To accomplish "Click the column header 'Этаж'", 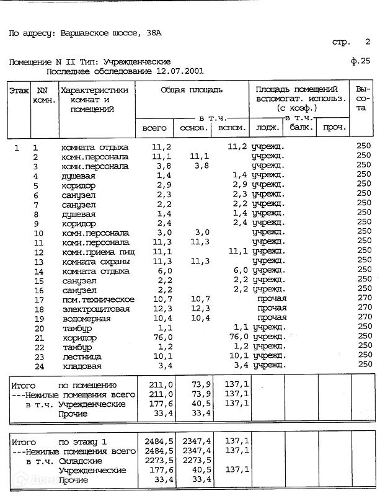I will coord(19,91).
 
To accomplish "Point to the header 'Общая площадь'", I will coord(192,91).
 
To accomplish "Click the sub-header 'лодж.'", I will coord(267,128).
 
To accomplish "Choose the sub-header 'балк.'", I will coord(301,128).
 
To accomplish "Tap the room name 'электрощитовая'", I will coord(95,309).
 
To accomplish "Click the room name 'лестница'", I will coord(82,356).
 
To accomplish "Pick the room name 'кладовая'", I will coord(82,366).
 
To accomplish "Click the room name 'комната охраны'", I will coord(95,261).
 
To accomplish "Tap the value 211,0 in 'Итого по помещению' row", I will coord(158,385).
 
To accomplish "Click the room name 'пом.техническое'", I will coord(97,299).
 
